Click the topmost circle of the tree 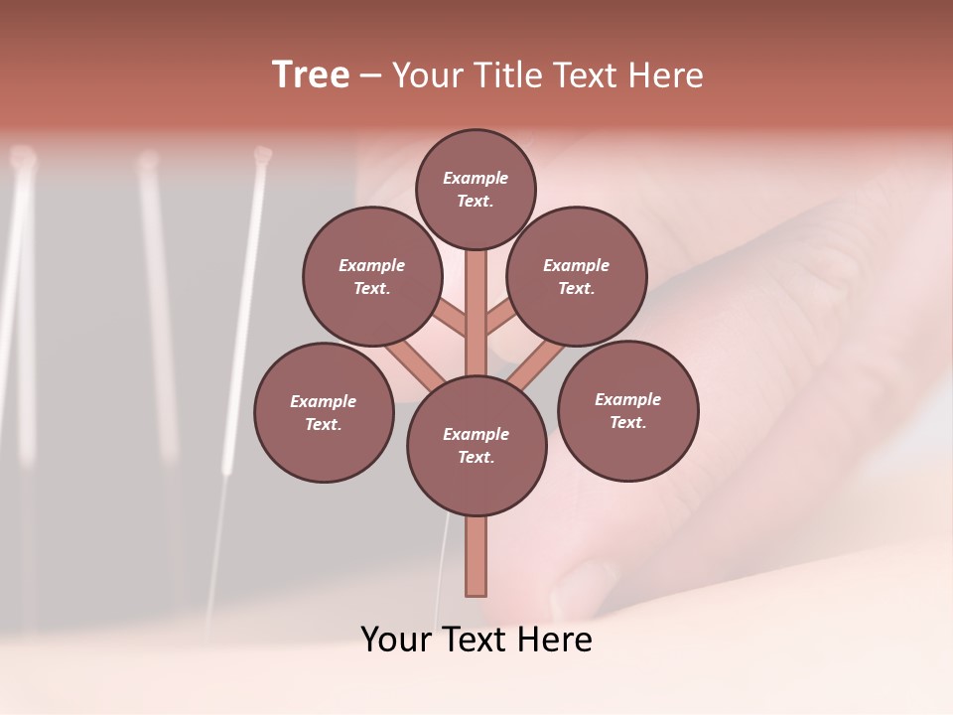click(x=476, y=189)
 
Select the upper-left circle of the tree click(x=371, y=276)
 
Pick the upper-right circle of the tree click(x=577, y=276)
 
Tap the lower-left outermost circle click(x=324, y=412)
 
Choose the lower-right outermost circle click(x=627, y=410)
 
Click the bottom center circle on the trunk click(x=476, y=446)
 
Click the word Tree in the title click(x=311, y=74)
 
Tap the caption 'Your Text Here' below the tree click(x=476, y=639)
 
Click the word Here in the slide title click(x=667, y=74)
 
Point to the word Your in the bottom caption click(x=396, y=639)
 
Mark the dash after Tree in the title click(x=369, y=74)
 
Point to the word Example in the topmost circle click(x=476, y=178)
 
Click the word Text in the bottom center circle click(x=475, y=457)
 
